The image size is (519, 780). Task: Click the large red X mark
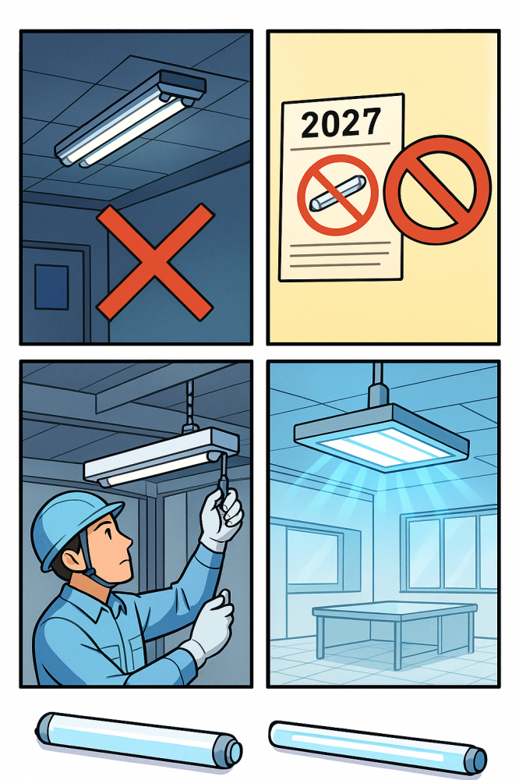click(x=155, y=262)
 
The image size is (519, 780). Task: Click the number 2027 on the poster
click(x=341, y=122)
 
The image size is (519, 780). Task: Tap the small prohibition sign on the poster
click(x=337, y=195)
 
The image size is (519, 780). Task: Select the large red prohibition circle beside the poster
click(x=437, y=190)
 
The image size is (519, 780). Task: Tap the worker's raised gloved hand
click(x=222, y=517)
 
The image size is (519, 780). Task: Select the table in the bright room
click(x=394, y=629)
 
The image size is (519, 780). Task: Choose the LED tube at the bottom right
click(x=378, y=746)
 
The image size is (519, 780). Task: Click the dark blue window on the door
click(x=51, y=287)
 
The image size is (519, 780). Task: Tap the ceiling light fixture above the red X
click(x=130, y=119)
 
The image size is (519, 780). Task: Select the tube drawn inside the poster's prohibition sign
click(x=338, y=193)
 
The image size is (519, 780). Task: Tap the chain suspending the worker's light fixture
click(x=189, y=403)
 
